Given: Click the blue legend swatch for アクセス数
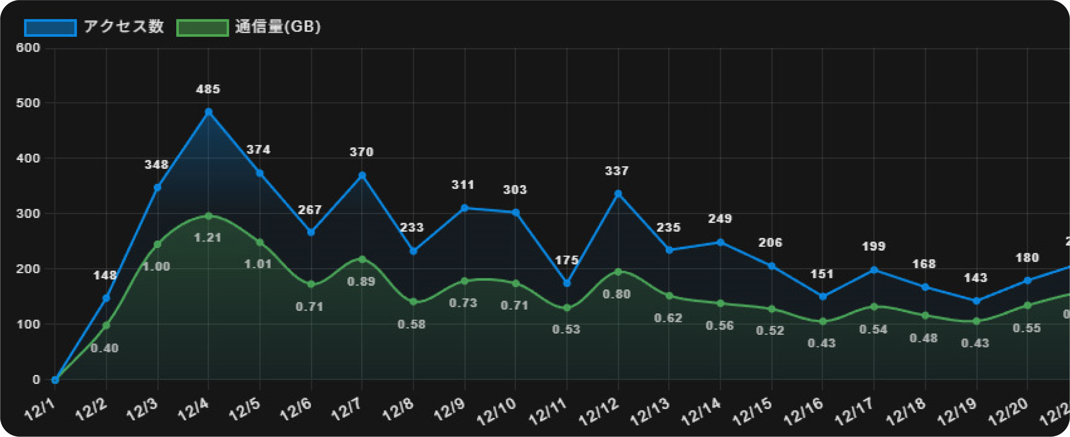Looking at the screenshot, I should (x=50, y=28).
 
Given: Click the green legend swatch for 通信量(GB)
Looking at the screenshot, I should (x=202, y=28).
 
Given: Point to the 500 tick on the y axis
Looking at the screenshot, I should (x=28, y=103).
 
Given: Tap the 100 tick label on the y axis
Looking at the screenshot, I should (x=28, y=324).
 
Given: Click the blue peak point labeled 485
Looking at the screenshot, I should (x=208, y=112).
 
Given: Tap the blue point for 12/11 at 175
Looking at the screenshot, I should (x=567, y=283).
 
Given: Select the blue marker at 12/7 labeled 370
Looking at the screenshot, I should (x=362, y=175).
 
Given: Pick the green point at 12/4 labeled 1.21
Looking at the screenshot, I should (x=208, y=216).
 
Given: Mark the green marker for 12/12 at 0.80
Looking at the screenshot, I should (x=618, y=272).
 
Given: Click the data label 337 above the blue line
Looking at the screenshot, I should (x=617, y=171).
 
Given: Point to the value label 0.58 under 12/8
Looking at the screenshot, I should (x=411, y=325).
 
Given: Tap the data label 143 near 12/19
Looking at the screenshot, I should (x=975, y=278).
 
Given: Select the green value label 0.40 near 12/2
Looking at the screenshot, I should (x=104, y=348).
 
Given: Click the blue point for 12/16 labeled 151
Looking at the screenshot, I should (x=822, y=296).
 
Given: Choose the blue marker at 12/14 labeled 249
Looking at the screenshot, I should (x=720, y=242).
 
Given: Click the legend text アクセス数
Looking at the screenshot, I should (x=124, y=27).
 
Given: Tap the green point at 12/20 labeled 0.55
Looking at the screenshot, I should (x=1027, y=305).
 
